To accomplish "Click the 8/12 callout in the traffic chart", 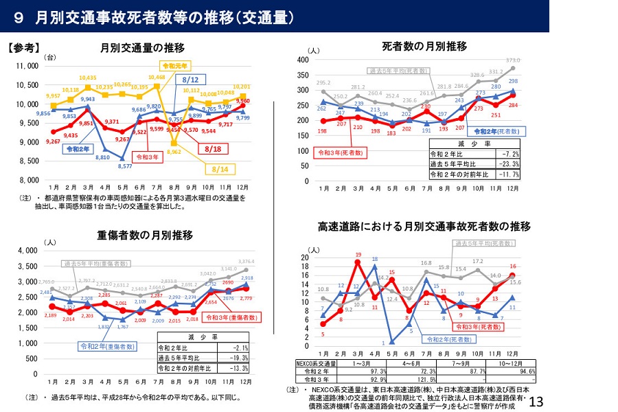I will pos(191,80).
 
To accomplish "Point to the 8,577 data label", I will pos(124,166).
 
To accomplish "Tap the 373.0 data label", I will pos(513,60).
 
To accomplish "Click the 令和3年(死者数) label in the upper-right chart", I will pos(339,152).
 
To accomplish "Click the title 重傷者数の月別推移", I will pos(145,236).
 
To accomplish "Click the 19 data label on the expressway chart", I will pos(358,254).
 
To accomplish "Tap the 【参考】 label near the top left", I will pos(25,48).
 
